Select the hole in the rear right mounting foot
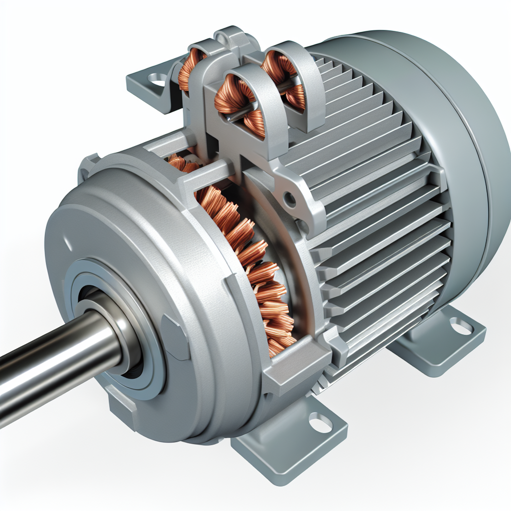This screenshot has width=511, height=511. [x=461, y=327]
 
